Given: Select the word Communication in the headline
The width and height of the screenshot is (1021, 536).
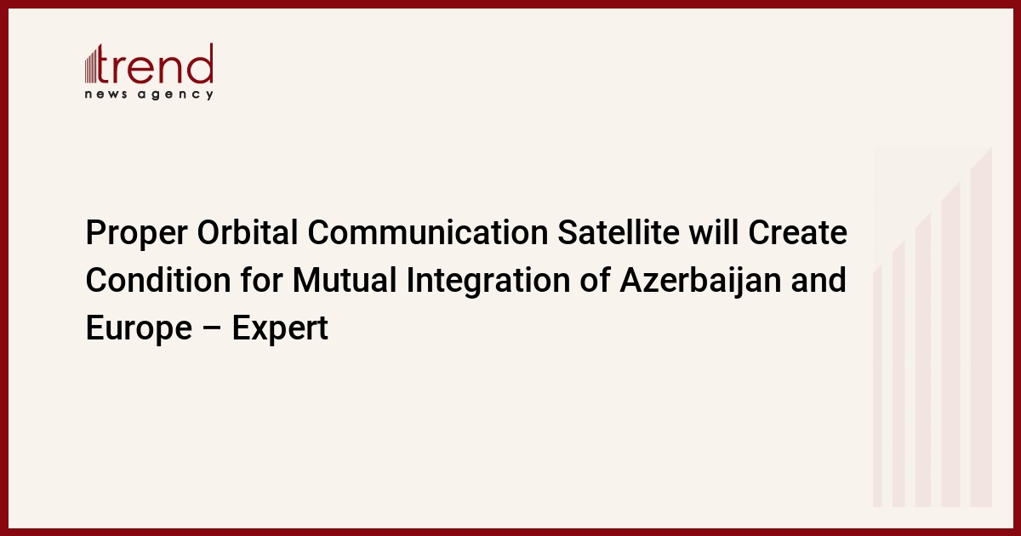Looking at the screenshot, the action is (427, 232).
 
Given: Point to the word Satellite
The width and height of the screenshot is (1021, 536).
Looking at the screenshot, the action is (619, 232).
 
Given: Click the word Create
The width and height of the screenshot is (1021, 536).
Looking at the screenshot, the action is (798, 232).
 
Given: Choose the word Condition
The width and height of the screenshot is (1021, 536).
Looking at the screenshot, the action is (158, 280).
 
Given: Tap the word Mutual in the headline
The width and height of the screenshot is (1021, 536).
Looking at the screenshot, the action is (345, 280).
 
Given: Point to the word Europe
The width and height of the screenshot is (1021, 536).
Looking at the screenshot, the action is (139, 329).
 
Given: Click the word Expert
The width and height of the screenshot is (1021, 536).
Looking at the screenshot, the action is (280, 329).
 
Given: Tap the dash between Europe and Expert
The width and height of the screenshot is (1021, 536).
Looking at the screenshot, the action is (212, 329).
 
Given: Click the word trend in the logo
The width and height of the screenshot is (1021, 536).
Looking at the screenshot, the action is (155, 64).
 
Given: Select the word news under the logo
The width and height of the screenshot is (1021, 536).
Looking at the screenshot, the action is (106, 94).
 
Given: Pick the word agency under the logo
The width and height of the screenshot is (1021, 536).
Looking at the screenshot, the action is (175, 94).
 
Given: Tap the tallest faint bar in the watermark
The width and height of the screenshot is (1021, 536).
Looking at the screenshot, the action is (981, 327).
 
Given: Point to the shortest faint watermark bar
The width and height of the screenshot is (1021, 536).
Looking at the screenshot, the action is (877, 386).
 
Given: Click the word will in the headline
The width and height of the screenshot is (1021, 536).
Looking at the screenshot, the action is (713, 232).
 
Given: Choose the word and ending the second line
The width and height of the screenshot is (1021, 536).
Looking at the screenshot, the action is (819, 280).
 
